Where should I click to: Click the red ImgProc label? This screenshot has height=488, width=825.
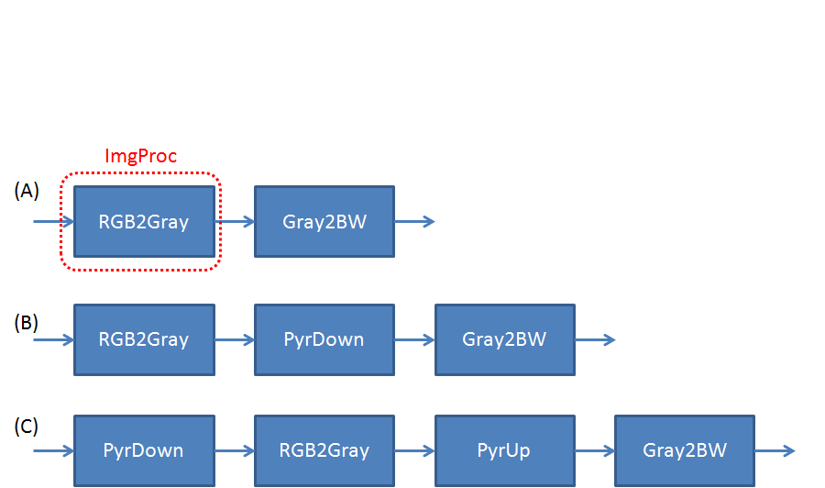(x=140, y=156)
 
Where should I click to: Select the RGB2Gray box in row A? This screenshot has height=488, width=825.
(x=144, y=222)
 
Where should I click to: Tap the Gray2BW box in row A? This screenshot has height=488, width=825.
(x=324, y=222)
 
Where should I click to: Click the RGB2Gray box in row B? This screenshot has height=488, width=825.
(x=144, y=339)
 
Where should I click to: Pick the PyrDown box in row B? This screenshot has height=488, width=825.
(x=324, y=339)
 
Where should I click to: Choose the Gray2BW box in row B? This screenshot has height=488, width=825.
(x=505, y=339)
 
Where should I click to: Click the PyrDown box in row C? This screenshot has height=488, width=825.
(x=144, y=450)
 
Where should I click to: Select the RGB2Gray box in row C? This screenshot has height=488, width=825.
(x=324, y=450)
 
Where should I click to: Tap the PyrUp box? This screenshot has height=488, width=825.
(x=505, y=450)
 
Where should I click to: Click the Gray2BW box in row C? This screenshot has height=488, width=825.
(x=685, y=450)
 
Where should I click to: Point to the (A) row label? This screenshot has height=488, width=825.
(x=27, y=190)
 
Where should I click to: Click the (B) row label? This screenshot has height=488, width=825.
(x=27, y=322)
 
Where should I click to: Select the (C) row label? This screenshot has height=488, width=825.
(x=27, y=427)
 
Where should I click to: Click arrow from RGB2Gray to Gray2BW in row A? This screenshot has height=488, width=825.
(x=235, y=222)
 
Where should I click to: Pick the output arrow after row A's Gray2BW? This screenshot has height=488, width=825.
(x=414, y=222)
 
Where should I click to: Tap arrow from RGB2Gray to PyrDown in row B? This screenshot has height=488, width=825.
(x=235, y=339)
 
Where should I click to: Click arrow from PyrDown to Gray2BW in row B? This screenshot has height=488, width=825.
(x=415, y=339)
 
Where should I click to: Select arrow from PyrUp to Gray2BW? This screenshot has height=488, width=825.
(x=595, y=450)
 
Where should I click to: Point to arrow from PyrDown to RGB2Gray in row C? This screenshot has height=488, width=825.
(x=235, y=450)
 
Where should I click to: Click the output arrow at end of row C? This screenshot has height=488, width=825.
(x=775, y=450)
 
